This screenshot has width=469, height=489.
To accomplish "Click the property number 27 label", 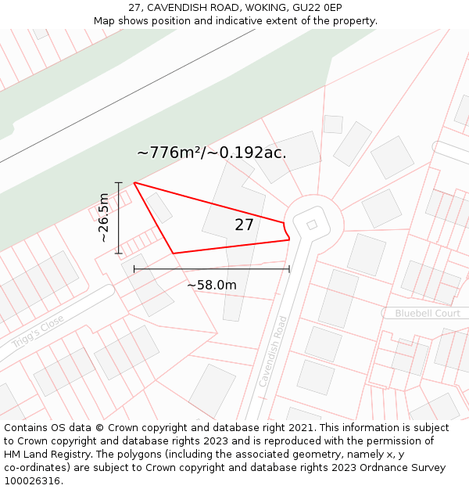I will [x=244, y=225].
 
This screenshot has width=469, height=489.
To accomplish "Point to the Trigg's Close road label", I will [x=37, y=333].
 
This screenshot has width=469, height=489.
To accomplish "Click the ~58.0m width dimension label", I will [x=211, y=286].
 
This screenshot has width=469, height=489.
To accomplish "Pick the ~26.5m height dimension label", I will [x=103, y=218].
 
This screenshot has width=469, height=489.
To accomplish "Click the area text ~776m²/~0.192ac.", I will [x=211, y=153].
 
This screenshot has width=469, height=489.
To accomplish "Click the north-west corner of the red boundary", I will [x=134, y=183].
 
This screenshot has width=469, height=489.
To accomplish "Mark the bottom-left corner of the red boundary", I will [x=173, y=253].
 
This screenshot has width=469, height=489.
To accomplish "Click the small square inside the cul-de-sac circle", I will [x=312, y=225].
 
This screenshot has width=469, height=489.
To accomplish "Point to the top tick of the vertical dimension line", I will [x=119, y=183].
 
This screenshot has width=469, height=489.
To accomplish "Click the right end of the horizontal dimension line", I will [x=289, y=268].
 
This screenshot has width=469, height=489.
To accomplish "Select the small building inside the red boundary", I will [x=160, y=207].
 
